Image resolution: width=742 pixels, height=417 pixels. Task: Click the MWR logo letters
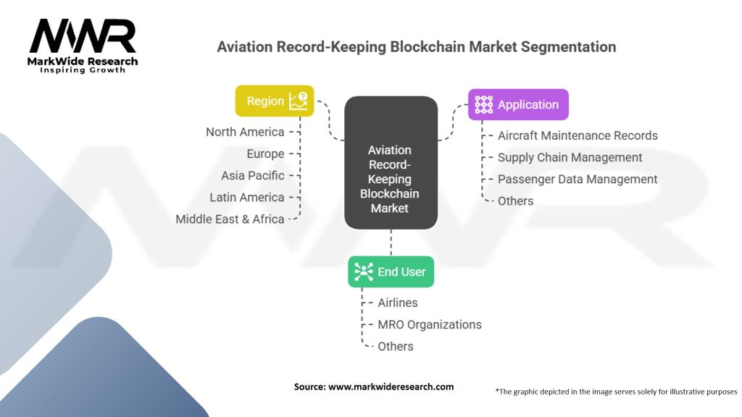click(x=83, y=36)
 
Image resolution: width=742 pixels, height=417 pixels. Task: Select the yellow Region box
click(x=275, y=101)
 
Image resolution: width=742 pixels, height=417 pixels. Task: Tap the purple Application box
click(x=518, y=104)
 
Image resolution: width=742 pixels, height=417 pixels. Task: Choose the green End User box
click(x=391, y=272)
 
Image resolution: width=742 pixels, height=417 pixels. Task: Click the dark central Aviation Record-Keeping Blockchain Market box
click(x=391, y=163)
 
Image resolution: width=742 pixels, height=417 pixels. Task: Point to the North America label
click(x=245, y=132)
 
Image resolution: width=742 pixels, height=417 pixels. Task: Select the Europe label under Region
click(x=265, y=154)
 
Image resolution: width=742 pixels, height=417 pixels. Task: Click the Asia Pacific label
click(x=253, y=175)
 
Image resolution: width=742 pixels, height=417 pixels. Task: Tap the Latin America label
click(x=247, y=197)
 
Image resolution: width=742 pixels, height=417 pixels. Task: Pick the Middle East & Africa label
click(x=230, y=219)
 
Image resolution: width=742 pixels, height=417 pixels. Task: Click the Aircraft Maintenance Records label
click(x=578, y=135)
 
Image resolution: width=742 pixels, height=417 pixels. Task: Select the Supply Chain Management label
click(x=570, y=157)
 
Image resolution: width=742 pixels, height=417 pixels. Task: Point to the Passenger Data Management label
click(x=578, y=180)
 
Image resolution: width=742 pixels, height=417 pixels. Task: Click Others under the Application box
click(x=515, y=201)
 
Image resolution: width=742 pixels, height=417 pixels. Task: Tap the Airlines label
click(x=398, y=303)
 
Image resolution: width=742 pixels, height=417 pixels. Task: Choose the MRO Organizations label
click(x=430, y=324)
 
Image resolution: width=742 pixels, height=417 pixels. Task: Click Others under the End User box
click(x=395, y=346)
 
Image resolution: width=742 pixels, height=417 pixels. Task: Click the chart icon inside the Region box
click(x=298, y=101)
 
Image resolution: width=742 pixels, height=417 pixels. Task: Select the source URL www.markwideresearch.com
click(x=391, y=387)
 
